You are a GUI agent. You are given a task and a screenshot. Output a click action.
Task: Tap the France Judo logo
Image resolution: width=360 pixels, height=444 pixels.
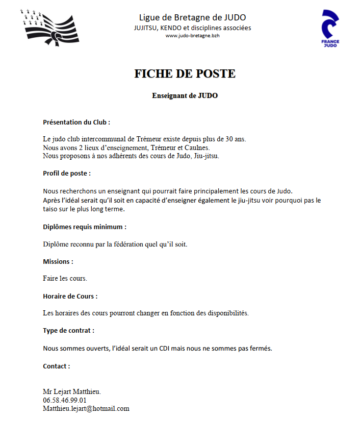330,29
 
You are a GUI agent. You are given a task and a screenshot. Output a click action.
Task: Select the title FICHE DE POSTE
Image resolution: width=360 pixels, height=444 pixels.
185,73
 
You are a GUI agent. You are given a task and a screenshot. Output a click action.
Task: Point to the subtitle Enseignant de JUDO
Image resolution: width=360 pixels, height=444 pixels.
185,95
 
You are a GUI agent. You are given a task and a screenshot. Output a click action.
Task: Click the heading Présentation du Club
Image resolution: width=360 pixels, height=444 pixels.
76,122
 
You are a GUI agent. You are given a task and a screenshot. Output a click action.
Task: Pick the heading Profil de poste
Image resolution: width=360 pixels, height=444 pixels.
67,174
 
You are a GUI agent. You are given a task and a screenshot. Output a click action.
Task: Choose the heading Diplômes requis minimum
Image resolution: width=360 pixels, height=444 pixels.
85,227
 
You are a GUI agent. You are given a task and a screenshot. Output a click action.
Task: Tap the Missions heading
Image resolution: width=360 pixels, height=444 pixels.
58,261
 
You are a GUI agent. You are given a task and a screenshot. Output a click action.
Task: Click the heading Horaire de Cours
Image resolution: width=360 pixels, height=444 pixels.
70,296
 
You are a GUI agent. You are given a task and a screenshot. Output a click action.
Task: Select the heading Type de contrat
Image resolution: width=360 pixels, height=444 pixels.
68,331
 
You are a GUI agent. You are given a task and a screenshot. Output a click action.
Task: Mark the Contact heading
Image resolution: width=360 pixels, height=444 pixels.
56,366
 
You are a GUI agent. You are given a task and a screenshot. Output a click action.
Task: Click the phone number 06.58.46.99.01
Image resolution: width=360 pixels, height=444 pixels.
65,400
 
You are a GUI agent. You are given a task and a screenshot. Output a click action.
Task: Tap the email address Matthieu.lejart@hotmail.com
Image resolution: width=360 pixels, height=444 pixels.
86,408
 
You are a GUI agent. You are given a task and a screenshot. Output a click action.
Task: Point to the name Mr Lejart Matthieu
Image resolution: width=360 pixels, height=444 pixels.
72,391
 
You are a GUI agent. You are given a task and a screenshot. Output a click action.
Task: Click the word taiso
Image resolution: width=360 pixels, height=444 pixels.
52,209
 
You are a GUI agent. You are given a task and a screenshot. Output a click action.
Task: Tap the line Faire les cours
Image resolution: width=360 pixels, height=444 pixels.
65,279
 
